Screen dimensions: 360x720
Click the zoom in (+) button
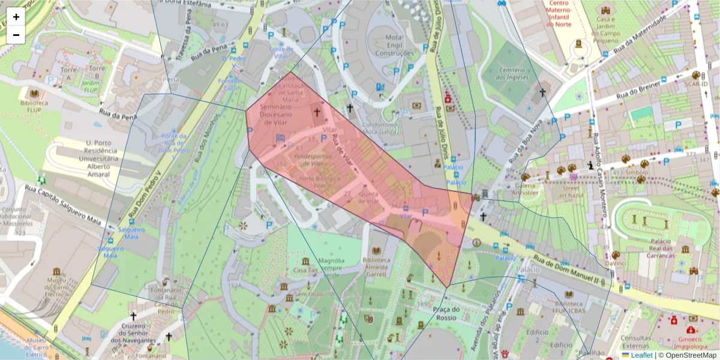coord(16,17)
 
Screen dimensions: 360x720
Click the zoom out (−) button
coord(16,35)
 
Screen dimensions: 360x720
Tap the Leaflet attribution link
coord(641,355)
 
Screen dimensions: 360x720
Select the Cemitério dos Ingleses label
coord(511,74)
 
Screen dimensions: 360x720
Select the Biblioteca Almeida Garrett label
coord(376,268)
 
